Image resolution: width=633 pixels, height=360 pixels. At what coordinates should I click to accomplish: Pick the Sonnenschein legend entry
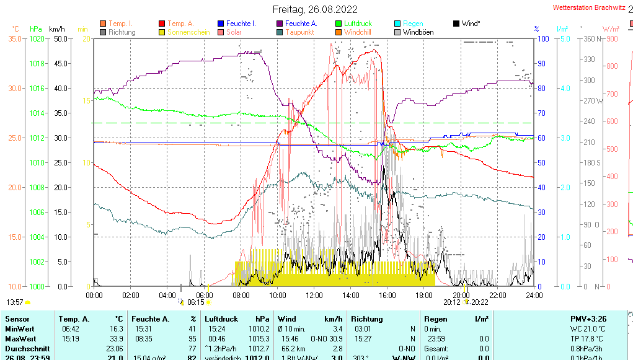[x=189, y=32]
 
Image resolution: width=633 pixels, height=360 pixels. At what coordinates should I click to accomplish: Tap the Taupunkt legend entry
[x=299, y=32]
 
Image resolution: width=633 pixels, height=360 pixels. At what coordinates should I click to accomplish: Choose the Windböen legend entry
[x=418, y=32]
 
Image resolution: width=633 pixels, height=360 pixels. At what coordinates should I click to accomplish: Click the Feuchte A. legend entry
[x=299, y=24]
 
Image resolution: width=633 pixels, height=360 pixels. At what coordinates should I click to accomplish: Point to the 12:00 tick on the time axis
[x=314, y=295]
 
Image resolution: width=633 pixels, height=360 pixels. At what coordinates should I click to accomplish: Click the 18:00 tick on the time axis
[x=424, y=295]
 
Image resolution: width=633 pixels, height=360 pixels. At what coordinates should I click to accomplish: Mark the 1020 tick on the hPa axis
[x=37, y=39]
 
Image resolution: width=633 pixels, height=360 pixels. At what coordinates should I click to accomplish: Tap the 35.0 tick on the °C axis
[x=15, y=39]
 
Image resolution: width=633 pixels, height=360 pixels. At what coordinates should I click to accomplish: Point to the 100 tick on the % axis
[x=542, y=39]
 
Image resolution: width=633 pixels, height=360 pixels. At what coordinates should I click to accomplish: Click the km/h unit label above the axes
[x=57, y=29]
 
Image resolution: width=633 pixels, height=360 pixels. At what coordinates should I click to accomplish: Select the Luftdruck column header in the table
[x=221, y=318]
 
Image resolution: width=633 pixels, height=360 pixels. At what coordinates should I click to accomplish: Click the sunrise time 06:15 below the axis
[x=196, y=302]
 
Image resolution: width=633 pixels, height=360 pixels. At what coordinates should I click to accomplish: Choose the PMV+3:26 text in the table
[x=588, y=318]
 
